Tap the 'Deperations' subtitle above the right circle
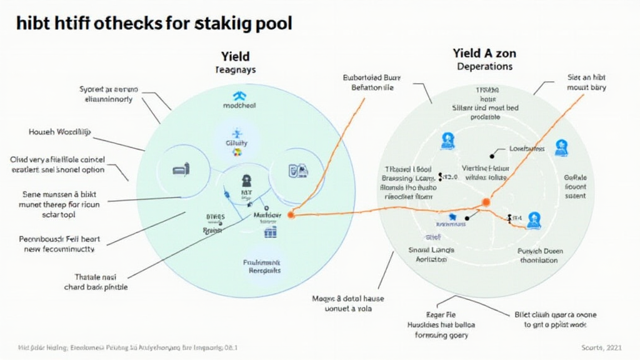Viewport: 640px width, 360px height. (484, 66)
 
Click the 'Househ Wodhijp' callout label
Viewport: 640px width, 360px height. (59, 132)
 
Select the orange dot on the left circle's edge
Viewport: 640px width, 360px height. (290, 214)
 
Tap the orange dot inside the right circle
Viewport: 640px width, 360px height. (485, 201)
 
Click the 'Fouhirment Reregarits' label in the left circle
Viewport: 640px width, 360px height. (261, 267)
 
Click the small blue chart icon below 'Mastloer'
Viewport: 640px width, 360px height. (270, 232)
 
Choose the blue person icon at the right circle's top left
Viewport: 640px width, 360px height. (447, 140)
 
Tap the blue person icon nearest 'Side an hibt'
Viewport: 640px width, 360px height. (559, 147)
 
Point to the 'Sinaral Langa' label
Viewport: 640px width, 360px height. (431, 254)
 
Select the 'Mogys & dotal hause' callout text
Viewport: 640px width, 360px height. (348, 303)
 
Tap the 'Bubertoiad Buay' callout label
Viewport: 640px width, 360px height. (372, 84)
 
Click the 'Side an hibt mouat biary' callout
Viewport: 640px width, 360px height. (586, 84)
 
